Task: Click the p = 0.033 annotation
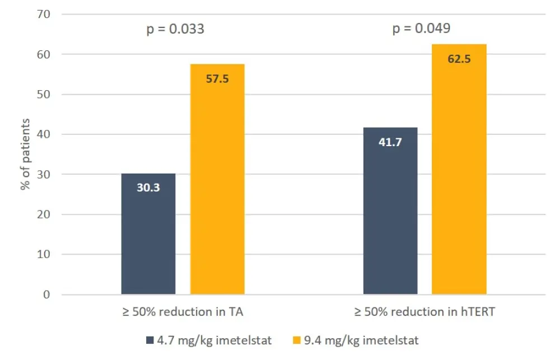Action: (x=175, y=29)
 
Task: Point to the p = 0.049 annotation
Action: (x=421, y=29)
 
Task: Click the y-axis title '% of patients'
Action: (x=26, y=154)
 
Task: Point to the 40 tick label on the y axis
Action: (x=45, y=134)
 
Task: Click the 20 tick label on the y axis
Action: (x=45, y=214)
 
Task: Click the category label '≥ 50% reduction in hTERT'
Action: (x=424, y=312)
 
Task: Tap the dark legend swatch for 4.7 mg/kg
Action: (x=150, y=340)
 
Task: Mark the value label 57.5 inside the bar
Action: (x=217, y=78)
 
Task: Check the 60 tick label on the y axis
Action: (x=45, y=54)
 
